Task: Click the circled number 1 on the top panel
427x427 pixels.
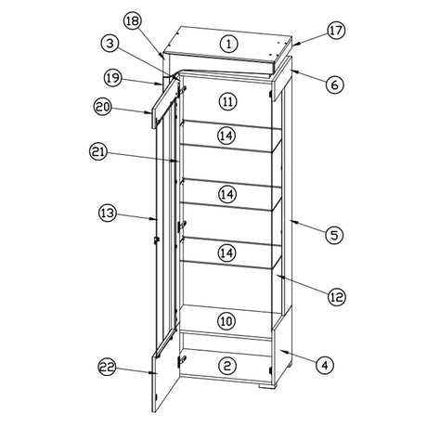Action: pyautogui.click(x=228, y=44)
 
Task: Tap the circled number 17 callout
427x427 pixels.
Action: pyautogui.click(x=336, y=31)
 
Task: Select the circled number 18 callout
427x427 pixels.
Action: pyautogui.click(x=133, y=21)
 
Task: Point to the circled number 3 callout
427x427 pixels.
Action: pyautogui.click(x=110, y=44)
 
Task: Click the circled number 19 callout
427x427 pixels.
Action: pyautogui.click(x=112, y=77)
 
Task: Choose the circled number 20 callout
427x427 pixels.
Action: pyautogui.click(x=103, y=107)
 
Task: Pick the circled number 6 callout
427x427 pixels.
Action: pyautogui.click(x=335, y=84)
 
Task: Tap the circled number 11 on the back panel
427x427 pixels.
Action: pyautogui.click(x=227, y=102)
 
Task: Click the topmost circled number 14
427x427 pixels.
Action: pyautogui.click(x=226, y=136)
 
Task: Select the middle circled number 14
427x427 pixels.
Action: pyautogui.click(x=226, y=194)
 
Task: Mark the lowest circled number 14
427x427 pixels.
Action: pyautogui.click(x=226, y=253)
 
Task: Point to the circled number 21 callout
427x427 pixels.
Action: pyautogui.click(x=98, y=152)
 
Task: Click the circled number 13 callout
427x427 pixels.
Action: pyautogui.click(x=108, y=213)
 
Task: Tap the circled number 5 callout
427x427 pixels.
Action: pyautogui.click(x=335, y=235)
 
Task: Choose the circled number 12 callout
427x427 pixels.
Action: pyautogui.click(x=337, y=297)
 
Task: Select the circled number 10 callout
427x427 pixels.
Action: pyautogui.click(x=226, y=321)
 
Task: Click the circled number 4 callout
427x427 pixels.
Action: pyautogui.click(x=325, y=366)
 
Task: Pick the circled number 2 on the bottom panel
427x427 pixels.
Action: pyautogui.click(x=227, y=366)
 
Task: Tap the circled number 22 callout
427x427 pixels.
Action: pyautogui.click(x=107, y=368)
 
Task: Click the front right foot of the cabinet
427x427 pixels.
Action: pyautogui.click(x=265, y=386)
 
